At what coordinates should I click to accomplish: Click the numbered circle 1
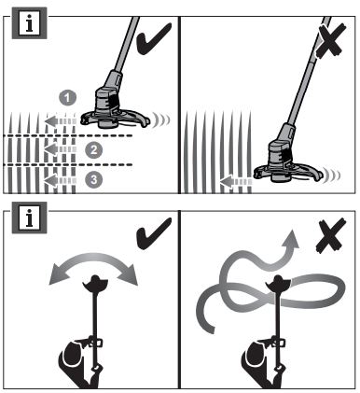(x=68, y=97)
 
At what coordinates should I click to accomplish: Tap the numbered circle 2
(x=94, y=150)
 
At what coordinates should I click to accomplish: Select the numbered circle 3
(x=94, y=179)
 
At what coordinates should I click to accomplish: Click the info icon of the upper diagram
(x=30, y=23)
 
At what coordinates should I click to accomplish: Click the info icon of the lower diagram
(x=30, y=218)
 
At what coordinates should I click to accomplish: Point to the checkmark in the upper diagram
(x=154, y=38)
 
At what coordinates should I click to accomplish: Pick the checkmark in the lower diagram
(x=154, y=233)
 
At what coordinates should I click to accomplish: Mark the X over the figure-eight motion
(x=330, y=235)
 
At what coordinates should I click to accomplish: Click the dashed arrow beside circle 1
(x=61, y=121)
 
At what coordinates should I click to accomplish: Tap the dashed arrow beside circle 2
(x=61, y=149)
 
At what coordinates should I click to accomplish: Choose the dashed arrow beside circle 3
(x=61, y=180)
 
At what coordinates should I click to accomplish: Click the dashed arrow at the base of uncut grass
(x=236, y=181)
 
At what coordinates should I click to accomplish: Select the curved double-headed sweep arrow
(x=93, y=259)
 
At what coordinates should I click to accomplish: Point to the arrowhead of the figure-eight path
(x=291, y=239)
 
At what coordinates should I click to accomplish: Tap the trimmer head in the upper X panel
(x=287, y=166)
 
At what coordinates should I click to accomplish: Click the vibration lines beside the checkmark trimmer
(x=161, y=119)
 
